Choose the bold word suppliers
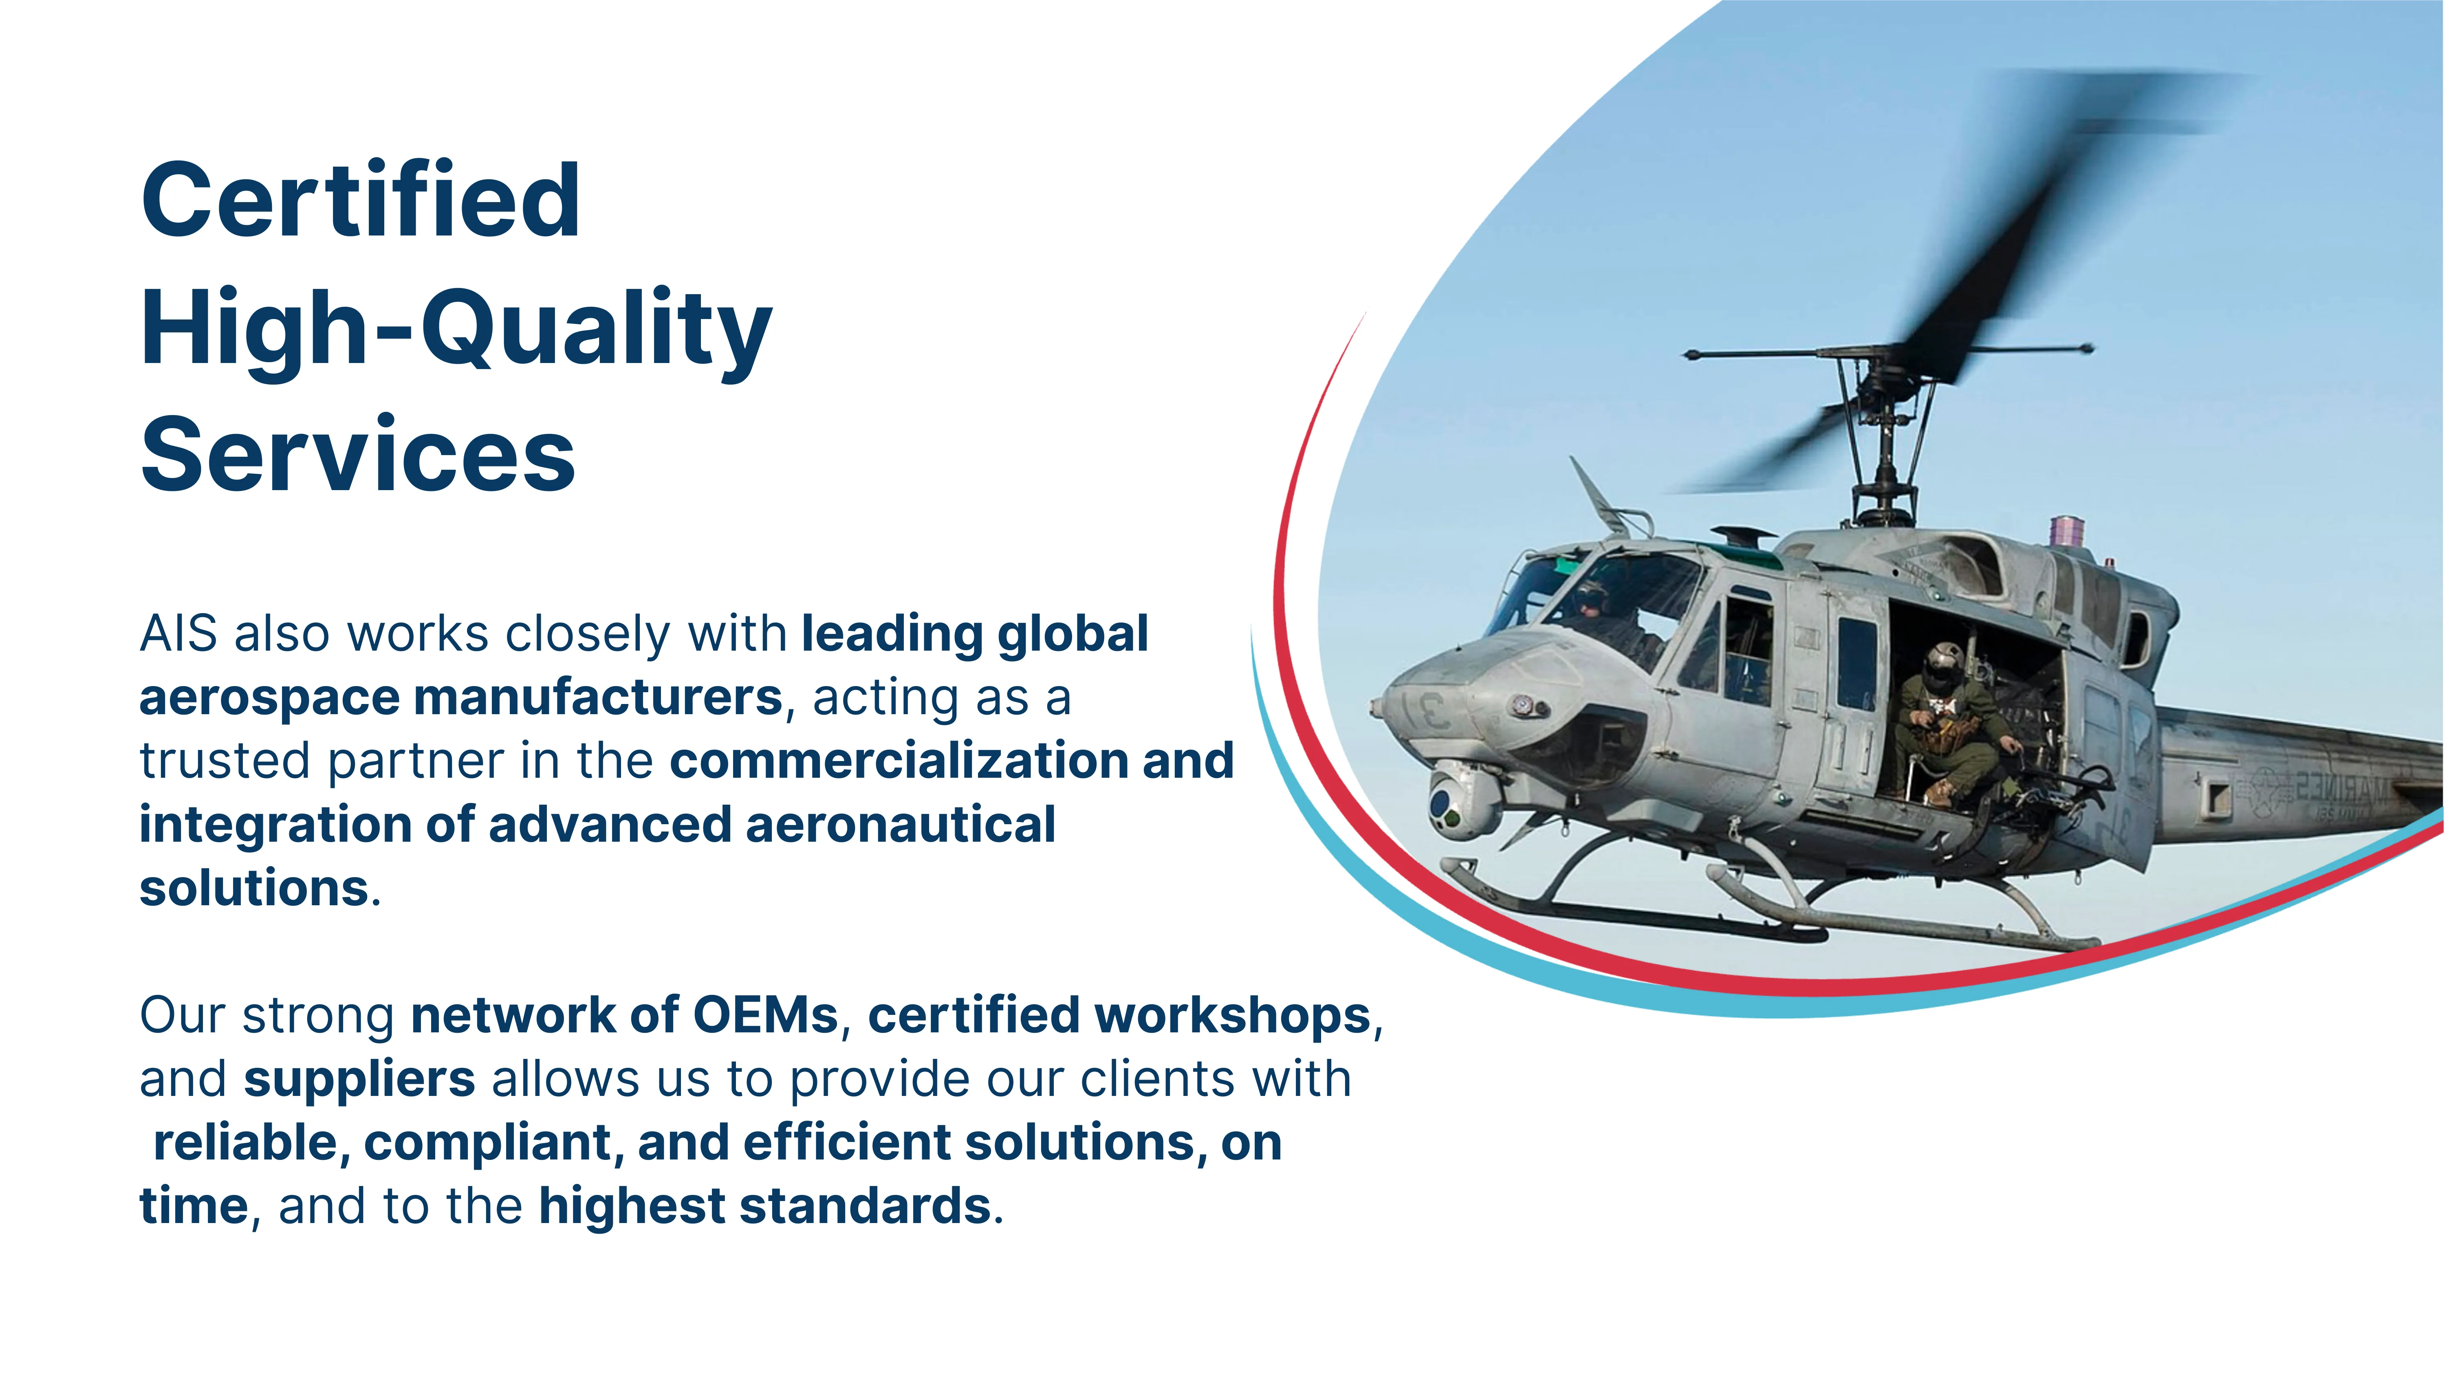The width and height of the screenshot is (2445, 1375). (x=360, y=1080)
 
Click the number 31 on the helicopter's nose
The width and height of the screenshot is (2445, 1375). (x=1424, y=710)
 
